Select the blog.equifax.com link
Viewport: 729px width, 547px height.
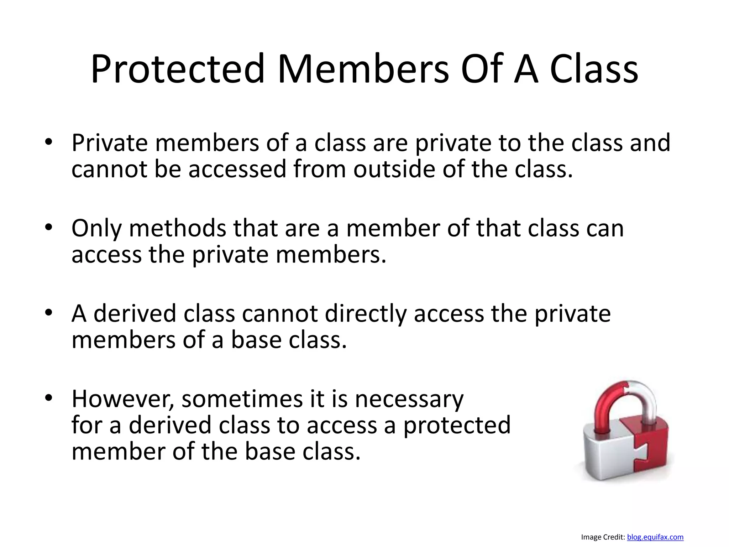[655, 537]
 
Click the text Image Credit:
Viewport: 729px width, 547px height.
[603, 537]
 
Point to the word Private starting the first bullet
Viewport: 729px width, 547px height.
[110, 143]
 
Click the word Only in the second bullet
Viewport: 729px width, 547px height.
[96, 228]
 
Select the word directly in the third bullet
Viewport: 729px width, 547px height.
[366, 314]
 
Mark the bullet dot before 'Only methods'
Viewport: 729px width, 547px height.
[49, 228]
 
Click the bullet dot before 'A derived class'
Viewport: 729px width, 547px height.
[49, 313]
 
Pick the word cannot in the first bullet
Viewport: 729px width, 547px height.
[109, 169]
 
